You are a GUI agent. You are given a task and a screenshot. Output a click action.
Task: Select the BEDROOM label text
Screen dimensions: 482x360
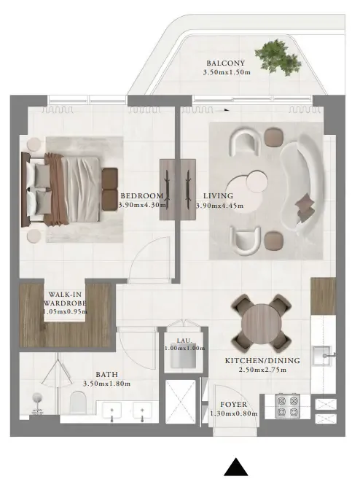pyautogui.click(x=142, y=195)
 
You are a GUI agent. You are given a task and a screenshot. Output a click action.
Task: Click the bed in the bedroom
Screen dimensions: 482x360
pyautogui.click(x=66, y=188)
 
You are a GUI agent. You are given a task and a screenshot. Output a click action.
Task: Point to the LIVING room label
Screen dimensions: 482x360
pyautogui.click(x=218, y=195)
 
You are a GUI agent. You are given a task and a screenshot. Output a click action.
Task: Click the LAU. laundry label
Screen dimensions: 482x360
pyautogui.click(x=184, y=339)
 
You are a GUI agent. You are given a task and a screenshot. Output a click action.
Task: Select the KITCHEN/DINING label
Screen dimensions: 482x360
pyautogui.click(x=257, y=361)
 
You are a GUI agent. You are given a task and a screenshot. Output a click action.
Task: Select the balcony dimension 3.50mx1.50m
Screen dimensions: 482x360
pyautogui.click(x=227, y=73)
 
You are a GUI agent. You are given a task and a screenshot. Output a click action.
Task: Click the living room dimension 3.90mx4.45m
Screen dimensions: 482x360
pyautogui.click(x=219, y=206)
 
